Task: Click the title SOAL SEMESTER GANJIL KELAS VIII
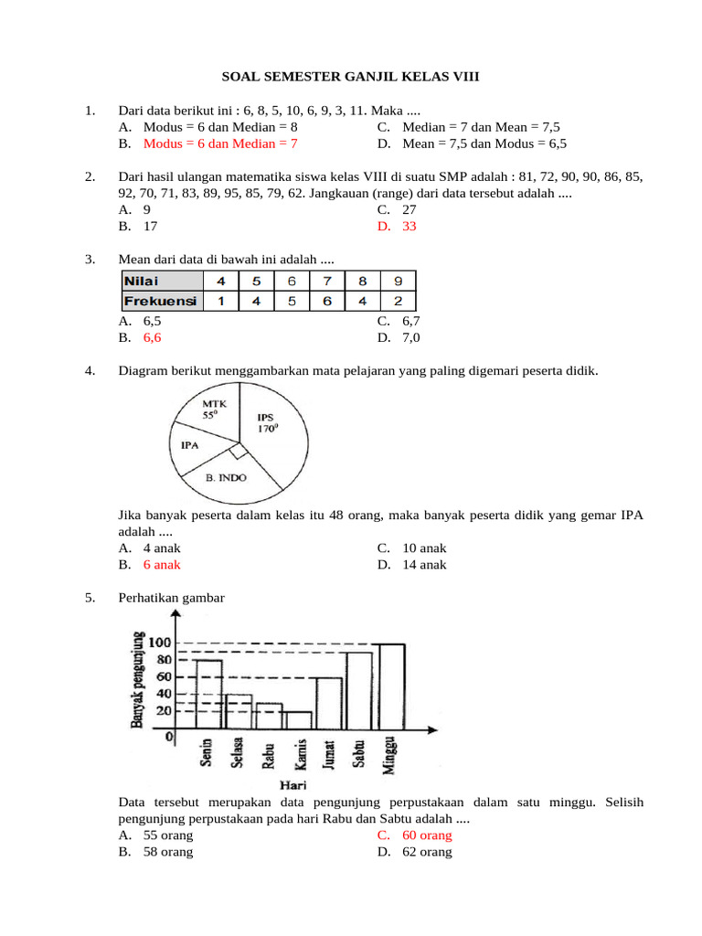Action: (x=351, y=79)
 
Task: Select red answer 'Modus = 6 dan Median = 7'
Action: (x=220, y=144)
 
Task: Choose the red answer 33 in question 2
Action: (x=409, y=226)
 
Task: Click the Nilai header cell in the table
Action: (x=161, y=282)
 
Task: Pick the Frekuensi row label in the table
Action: (x=161, y=301)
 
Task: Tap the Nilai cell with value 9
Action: (x=398, y=282)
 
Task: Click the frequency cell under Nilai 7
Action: (x=327, y=301)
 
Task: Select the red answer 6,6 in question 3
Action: (x=152, y=337)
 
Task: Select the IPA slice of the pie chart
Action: (x=191, y=447)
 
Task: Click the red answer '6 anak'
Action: (x=162, y=564)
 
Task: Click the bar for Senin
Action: (x=208, y=695)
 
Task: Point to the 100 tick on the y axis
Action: (x=160, y=643)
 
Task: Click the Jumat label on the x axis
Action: (x=330, y=754)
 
